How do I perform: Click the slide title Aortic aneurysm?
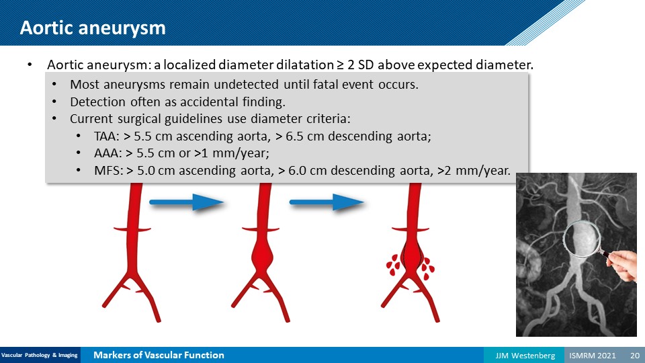93,28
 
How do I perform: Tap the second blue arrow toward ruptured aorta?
327,202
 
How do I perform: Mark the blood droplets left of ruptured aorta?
393,265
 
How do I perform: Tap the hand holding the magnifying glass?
621,265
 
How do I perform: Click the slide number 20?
635,355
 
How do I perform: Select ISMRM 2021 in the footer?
593,355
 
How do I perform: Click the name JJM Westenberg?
525,355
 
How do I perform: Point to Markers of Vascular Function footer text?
159,355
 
